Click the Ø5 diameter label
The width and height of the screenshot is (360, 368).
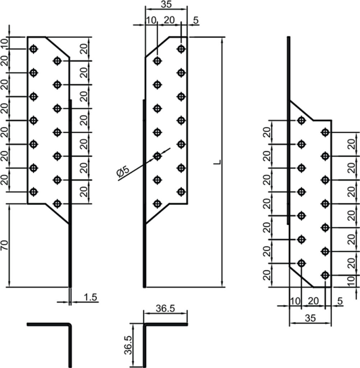pos(123,171)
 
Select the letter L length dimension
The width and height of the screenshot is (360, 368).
pos(218,162)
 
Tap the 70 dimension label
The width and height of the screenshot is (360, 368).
pos(5,245)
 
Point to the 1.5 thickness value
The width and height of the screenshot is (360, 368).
pos(90,297)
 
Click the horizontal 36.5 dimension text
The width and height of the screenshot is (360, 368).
pos(166,308)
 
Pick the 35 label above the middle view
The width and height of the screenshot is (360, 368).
pos(166,4)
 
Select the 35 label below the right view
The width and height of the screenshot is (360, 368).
pos(310,318)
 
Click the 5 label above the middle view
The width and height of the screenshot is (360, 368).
pos(196,20)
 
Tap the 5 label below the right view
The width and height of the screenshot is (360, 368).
pos(340,301)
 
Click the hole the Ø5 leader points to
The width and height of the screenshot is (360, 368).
pos(157,156)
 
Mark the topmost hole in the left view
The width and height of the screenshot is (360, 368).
pos(33,49)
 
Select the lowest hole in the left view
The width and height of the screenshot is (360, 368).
pos(57,204)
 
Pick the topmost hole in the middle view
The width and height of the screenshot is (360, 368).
pos(181,49)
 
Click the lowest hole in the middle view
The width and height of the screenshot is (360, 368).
pos(157,204)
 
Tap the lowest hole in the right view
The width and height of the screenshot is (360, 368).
pos(325,275)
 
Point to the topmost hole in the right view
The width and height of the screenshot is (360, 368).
pos(301,120)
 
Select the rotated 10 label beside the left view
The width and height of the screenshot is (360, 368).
pos(5,43)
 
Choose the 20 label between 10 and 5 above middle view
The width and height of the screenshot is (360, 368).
pos(169,20)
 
